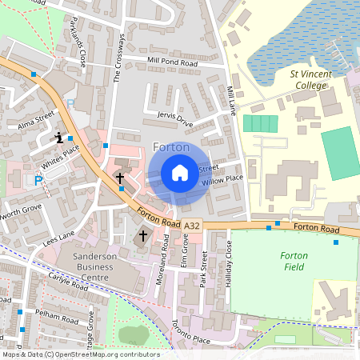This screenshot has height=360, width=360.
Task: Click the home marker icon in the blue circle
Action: (179, 173)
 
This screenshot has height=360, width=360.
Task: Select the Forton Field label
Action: (294, 261)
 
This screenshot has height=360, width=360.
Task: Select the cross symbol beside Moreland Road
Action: (144, 235)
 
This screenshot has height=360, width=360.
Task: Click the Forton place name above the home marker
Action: (170, 147)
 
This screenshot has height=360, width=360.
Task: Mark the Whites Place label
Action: (62, 155)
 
